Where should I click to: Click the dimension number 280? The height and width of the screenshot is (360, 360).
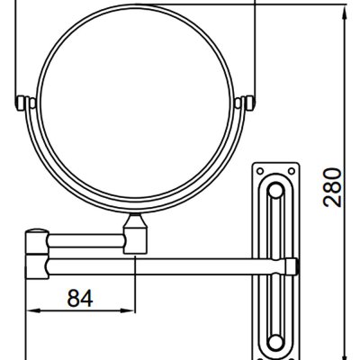coord(332,188)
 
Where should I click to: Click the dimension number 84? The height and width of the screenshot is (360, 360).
coord(80,298)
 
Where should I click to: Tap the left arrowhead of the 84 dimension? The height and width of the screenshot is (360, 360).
coord(33,311)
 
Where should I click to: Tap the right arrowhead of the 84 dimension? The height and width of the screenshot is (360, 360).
coord(128,311)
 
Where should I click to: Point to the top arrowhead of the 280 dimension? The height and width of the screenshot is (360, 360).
coord(345,11)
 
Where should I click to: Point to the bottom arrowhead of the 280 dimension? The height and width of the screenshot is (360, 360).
coord(345,354)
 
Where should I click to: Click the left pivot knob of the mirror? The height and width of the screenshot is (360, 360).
coord(21,103)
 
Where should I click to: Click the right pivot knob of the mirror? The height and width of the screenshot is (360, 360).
coord(249,103)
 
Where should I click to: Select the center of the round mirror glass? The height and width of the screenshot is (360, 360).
coord(136,104)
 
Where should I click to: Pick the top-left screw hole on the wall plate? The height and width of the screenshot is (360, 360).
coord(260,171)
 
